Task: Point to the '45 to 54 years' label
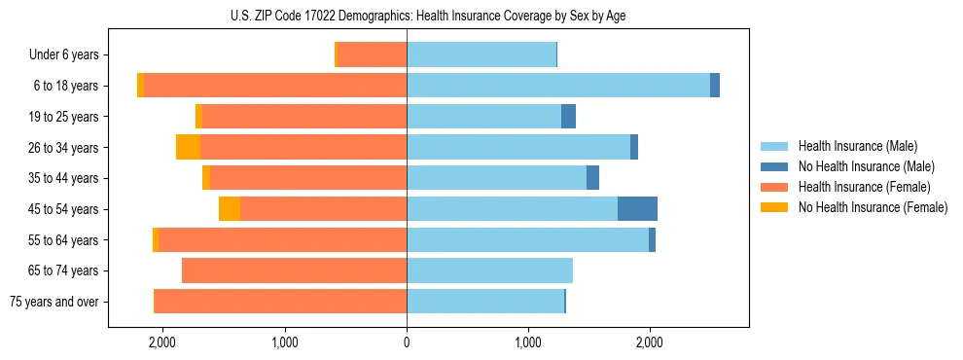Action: [x=61, y=209]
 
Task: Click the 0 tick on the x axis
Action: [x=407, y=342]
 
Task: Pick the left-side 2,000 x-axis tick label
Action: [x=161, y=342]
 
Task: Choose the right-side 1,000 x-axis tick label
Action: [x=528, y=342]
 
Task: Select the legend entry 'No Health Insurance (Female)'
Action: [x=873, y=207]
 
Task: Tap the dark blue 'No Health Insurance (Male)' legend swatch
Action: [x=775, y=166]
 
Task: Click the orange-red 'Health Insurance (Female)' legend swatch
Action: [x=775, y=187]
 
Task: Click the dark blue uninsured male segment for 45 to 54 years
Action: [x=637, y=209]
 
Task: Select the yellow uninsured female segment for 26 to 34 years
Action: [x=188, y=147]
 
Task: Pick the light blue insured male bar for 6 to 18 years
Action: [x=558, y=86]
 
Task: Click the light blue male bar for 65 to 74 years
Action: [x=489, y=270]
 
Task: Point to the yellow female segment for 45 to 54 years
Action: [x=230, y=209]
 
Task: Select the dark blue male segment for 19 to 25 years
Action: [x=568, y=117]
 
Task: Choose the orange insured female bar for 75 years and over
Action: [x=280, y=302]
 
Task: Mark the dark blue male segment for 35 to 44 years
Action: [x=592, y=178]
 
